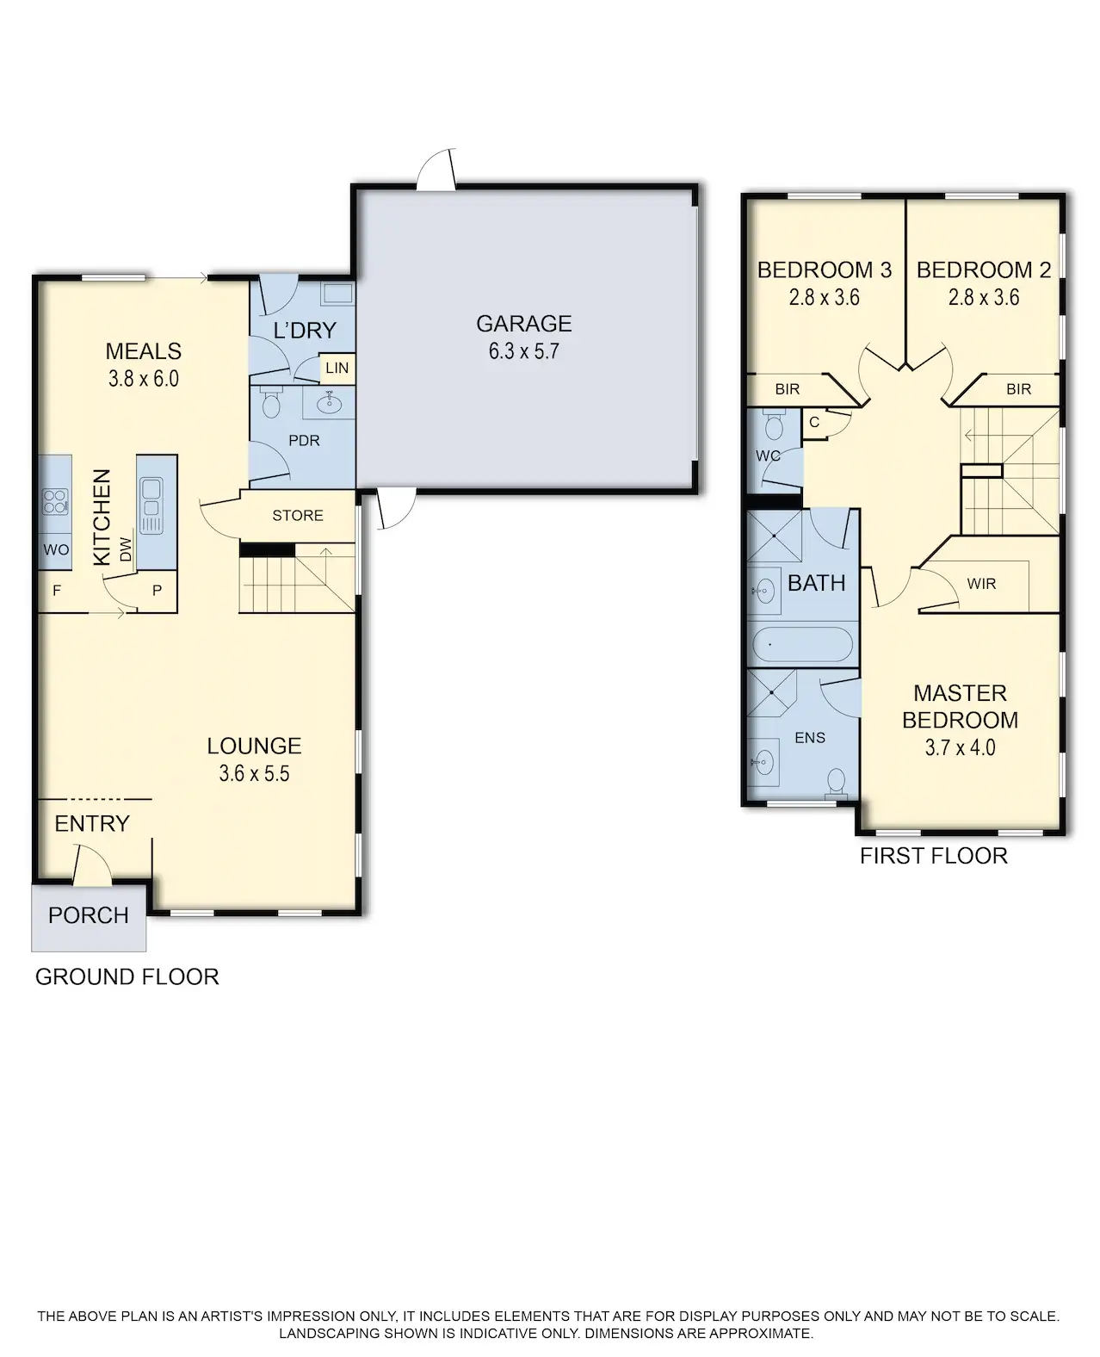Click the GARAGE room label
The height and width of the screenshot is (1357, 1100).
(x=523, y=324)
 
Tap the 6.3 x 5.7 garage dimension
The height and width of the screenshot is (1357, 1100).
(x=523, y=351)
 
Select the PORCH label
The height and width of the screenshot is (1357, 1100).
(x=89, y=915)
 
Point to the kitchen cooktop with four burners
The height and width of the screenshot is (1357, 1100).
(x=55, y=501)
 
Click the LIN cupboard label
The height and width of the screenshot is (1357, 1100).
(x=337, y=368)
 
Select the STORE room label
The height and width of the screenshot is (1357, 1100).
(x=298, y=515)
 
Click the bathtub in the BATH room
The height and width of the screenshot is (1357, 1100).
(x=802, y=644)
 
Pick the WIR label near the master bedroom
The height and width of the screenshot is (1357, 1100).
(x=981, y=584)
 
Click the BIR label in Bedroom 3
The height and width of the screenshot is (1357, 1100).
(x=788, y=388)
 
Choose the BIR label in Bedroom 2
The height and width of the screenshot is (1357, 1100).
(x=1018, y=388)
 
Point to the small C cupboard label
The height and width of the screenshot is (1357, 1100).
(x=814, y=422)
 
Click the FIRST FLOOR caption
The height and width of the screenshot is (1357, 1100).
(x=934, y=856)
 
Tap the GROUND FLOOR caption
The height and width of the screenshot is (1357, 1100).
(x=127, y=976)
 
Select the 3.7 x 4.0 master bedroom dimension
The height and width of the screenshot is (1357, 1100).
(x=960, y=747)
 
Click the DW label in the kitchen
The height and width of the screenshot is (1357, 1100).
(x=126, y=549)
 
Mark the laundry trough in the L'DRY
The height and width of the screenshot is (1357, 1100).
(x=337, y=293)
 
